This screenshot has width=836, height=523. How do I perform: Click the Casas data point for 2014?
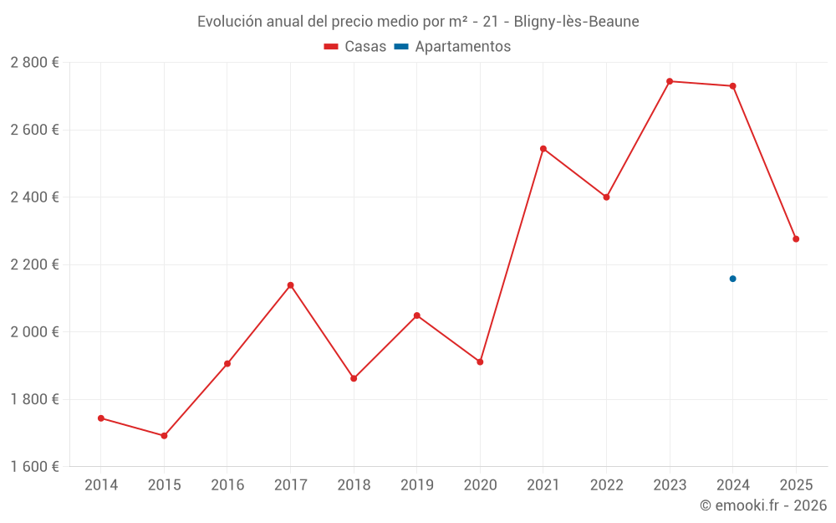coord(101,418)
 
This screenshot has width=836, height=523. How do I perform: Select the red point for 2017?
coord(290,285)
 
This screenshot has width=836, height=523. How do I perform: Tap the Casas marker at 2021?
coord(543,149)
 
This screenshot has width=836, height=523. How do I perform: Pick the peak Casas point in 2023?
coord(670,81)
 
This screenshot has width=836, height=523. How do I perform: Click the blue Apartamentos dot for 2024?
coord(732,279)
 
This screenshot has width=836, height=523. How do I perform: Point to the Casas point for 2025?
coord(796,239)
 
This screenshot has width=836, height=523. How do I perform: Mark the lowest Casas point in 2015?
coord(164,436)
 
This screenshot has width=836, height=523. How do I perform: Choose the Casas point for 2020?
coord(480,361)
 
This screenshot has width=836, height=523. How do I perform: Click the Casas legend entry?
coord(355,47)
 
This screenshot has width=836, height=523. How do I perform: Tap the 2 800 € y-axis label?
coord(34,63)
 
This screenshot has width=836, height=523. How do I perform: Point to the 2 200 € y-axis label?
coord(34,264)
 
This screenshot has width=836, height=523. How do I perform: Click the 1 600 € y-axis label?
coord(34,466)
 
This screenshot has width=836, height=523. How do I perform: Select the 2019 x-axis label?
coord(417,485)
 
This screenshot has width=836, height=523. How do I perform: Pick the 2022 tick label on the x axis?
coord(606,485)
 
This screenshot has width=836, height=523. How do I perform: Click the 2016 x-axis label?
coord(227,485)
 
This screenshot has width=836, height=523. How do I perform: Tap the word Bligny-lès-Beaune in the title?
coord(577,22)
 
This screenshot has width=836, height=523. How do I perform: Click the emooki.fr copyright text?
coord(762,505)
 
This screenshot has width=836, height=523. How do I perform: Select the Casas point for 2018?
coord(354,378)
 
